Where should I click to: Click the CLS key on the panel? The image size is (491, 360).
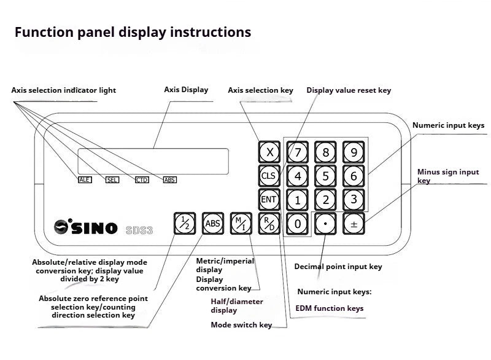click(x=269, y=176)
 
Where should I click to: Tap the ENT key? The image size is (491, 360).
click(x=269, y=200)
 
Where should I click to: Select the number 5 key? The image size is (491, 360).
click(x=326, y=176)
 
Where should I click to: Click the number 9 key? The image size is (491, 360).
click(x=354, y=152)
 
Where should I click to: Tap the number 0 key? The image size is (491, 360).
click(x=298, y=224)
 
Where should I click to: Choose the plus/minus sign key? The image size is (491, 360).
click(x=354, y=224)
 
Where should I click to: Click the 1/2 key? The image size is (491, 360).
click(x=184, y=224)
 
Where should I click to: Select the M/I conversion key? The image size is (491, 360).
click(x=241, y=224)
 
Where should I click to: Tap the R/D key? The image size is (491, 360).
click(x=269, y=224)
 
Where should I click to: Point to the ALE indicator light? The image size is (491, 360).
click(x=85, y=180)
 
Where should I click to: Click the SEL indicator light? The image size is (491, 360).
click(x=112, y=180)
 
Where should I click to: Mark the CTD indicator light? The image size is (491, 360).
click(x=142, y=180)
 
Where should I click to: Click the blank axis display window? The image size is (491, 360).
click(x=153, y=162)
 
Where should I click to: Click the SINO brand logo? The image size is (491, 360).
click(x=86, y=227)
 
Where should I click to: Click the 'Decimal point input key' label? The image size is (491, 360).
click(x=338, y=267)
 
